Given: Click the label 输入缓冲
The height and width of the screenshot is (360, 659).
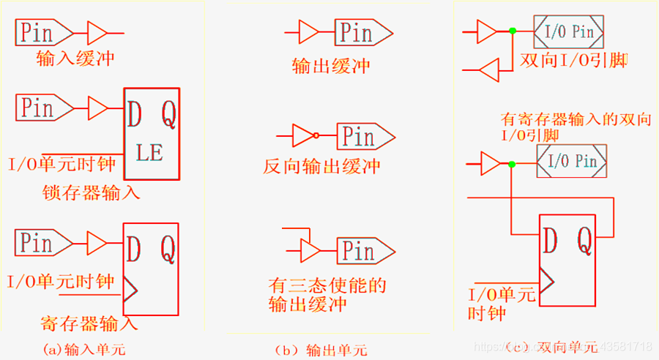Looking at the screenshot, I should [75, 58].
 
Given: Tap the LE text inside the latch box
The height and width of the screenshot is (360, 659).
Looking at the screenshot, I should [149, 154].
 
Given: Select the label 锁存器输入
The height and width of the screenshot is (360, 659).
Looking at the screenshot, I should [91, 193].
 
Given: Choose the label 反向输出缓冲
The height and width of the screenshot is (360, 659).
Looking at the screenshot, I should [322, 166].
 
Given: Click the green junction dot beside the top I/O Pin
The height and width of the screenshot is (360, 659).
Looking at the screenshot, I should [513, 31].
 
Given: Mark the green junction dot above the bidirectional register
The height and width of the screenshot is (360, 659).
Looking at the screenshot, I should [512, 163].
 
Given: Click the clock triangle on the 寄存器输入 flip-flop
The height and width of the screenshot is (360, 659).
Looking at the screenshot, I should [130, 289].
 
